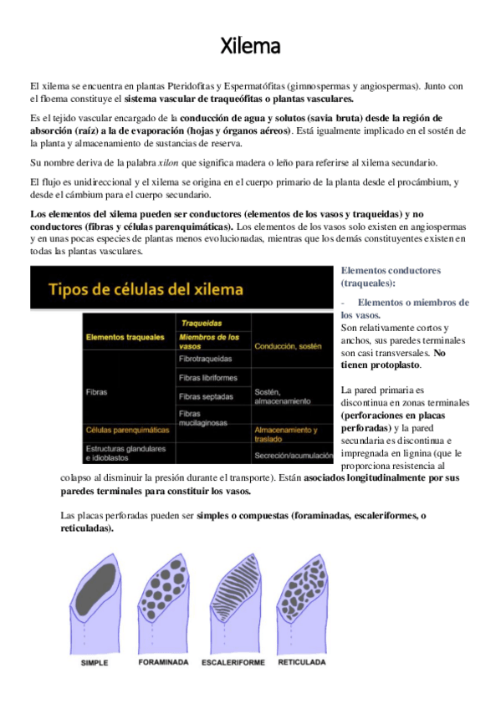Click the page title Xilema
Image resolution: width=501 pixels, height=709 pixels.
pos(250,45)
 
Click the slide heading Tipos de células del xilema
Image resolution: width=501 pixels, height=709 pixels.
pos(147,290)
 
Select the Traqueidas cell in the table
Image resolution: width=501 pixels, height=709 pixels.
pos(201,322)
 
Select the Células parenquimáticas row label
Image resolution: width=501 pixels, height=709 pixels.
pos(126,429)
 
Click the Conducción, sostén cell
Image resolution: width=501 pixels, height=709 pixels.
pos(288,344)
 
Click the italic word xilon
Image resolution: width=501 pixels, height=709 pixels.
pos(192,162)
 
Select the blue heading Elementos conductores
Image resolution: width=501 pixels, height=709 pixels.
pos(391,271)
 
